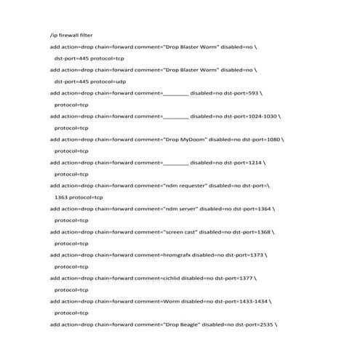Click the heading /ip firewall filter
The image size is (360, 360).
(x=71, y=35)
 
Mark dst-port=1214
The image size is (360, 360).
(x=243, y=162)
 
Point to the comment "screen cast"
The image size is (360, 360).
(x=181, y=232)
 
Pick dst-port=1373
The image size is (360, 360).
(x=244, y=255)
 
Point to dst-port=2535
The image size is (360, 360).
(x=254, y=324)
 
